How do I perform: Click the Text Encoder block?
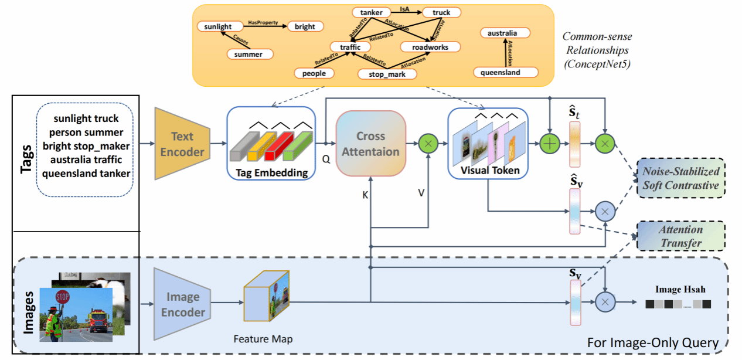point(182,144)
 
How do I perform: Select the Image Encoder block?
point(183,304)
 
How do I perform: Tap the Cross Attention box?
point(370,144)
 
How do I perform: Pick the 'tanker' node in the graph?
point(372,12)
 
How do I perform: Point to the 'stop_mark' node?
point(387,74)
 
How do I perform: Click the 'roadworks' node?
point(426,46)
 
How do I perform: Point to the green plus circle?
point(550,143)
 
